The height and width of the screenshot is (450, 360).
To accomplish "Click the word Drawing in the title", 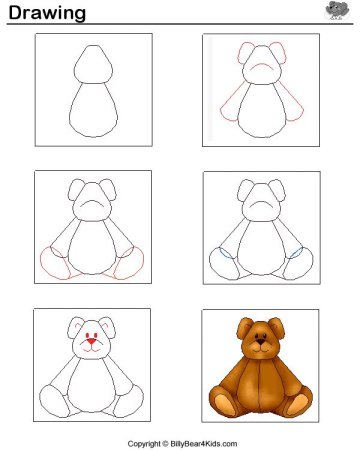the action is tap(47, 13).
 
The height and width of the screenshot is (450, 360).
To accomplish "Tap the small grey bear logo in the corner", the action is tap(337, 10).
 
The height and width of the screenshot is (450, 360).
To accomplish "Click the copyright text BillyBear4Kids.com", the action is tap(204, 444).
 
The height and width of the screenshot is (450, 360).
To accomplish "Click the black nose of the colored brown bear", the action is tap(261, 342).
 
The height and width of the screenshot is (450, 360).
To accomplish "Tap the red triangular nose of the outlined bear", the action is tap(91, 341).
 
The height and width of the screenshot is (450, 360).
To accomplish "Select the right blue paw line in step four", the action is tap(296, 253).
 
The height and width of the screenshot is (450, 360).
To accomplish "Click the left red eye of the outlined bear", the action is tap(87, 335).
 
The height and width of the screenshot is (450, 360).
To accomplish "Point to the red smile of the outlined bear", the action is tap(91, 349).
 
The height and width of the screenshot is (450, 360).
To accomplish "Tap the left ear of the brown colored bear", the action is tap(244, 328).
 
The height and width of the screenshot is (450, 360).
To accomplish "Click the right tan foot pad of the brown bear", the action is tap(298, 404).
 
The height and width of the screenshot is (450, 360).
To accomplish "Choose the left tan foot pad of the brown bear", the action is tap(224, 405).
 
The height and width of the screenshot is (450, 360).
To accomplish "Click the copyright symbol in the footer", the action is tap(166, 444).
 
